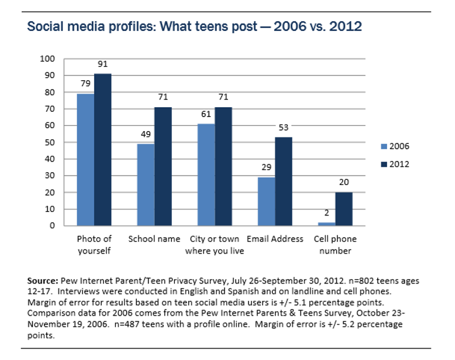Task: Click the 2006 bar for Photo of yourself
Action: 85,159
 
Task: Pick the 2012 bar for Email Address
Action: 283,181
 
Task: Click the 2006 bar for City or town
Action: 206,174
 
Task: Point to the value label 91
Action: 102,66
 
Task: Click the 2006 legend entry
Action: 397,146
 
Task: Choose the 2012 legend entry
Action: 397,164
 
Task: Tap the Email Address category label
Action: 275,239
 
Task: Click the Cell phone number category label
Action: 335,245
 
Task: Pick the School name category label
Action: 154,239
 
